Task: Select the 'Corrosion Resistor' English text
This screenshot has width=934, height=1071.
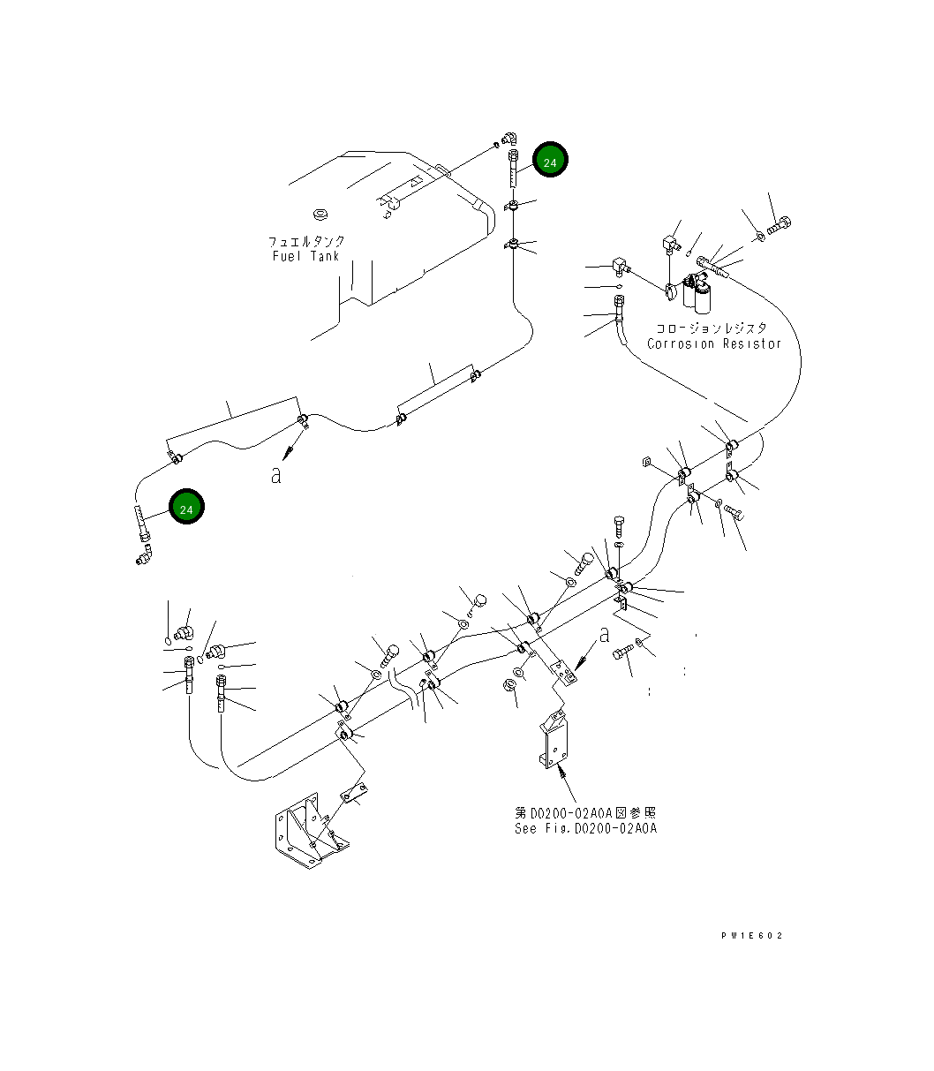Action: [714, 343]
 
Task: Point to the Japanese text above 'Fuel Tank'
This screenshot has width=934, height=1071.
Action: [307, 241]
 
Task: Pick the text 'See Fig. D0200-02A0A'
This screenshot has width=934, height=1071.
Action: [585, 828]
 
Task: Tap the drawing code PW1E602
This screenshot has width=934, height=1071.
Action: [751, 936]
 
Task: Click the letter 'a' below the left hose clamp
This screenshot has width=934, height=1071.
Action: [276, 476]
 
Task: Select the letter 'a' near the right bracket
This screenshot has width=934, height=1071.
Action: [604, 634]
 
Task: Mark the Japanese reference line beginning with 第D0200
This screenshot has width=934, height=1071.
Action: [585, 812]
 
